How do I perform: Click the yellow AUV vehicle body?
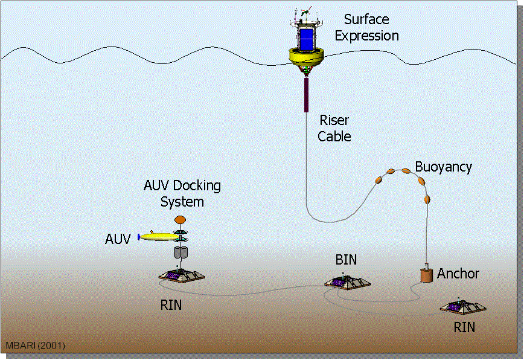(x=159, y=237)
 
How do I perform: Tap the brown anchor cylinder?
(x=426, y=274)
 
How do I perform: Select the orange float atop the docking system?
(x=180, y=220)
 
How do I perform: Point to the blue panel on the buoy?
(x=307, y=40)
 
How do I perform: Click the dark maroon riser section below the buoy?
(x=306, y=95)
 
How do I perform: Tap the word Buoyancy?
(x=444, y=167)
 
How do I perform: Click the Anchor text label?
(x=458, y=274)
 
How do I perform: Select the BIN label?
(x=346, y=259)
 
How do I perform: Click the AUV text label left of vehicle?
(x=118, y=239)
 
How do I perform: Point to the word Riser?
(x=334, y=120)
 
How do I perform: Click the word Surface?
(x=366, y=19)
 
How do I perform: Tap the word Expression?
(x=366, y=36)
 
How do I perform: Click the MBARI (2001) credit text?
(x=36, y=346)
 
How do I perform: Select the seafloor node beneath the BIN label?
(x=348, y=283)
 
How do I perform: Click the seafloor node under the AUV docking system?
(x=182, y=275)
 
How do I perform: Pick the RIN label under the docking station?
(x=171, y=305)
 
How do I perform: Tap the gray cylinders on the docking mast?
(x=181, y=252)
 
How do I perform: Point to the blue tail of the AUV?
(x=139, y=237)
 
